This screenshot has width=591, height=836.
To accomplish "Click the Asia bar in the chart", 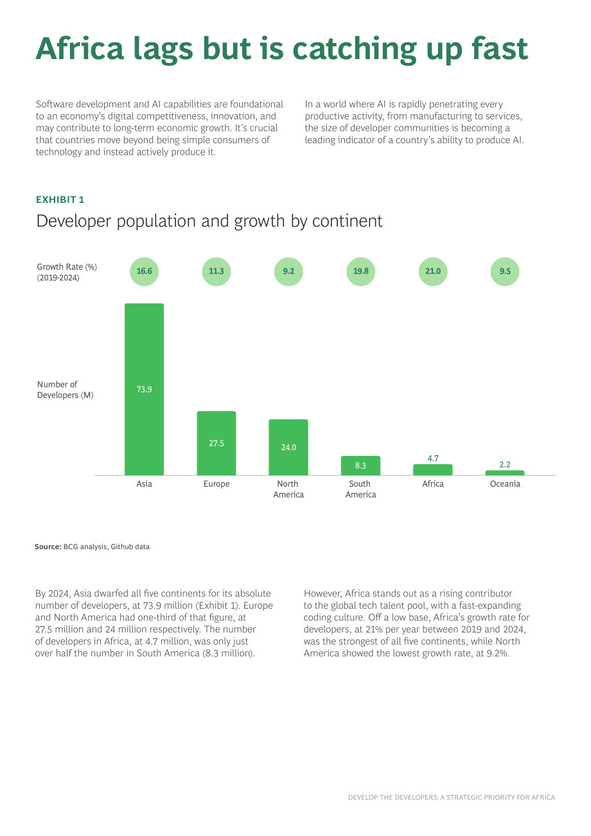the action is pyautogui.click(x=144, y=389).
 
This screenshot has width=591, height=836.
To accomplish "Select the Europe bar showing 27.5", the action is pyautogui.click(x=216, y=443).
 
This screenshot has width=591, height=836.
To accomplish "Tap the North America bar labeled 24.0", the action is pyautogui.click(x=288, y=447).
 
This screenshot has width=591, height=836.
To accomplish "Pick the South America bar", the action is pyautogui.click(x=360, y=466).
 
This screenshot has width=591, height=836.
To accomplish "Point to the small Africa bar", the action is pyautogui.click(x=433, y=469).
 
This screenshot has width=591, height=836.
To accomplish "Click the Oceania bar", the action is pyautogui.click(x=505, y=473).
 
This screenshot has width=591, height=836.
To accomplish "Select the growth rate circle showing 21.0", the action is pyautogui.click(x=433, y=272).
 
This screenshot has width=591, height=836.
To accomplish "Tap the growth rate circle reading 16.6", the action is pyautogui.click(x=144, y=272).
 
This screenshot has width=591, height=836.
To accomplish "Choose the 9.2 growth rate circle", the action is pyautogui.click(x=288, y=272).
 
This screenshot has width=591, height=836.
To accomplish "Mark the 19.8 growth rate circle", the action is pyautogui.click(x=360, y=272).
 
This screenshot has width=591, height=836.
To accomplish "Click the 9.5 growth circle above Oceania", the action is pyautogui.click(x=505, y=272).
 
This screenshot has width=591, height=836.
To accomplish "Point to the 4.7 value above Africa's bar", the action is pyautogui.click(x=433, y=458).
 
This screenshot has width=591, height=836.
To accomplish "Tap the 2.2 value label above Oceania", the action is pyautogui.click(x=505, y=464).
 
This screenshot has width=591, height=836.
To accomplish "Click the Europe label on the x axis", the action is pyautogui.click(x=216, y=483).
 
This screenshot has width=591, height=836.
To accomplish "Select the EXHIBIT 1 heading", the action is pyautogui.click(x=60, y=200).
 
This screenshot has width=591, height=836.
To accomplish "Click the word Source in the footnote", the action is pyautogui.click(x=48, y=547).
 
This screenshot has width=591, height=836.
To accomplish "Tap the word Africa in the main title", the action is pyautogui.click(x=80, y=49).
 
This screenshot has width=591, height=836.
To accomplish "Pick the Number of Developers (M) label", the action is pyautogui.click(x=66, y=390).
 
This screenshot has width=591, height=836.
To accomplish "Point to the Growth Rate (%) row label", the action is pyautogui.click(x=67, y=267).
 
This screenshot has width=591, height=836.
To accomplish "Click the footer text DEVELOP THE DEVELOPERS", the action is pyautogui.click(x=393, y=797).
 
